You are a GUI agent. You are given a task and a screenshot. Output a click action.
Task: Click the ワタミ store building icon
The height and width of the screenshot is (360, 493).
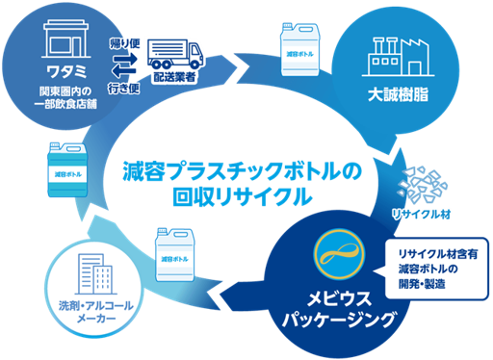pos(65,39)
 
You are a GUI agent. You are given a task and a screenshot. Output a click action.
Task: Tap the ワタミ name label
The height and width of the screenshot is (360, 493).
pos(66,71)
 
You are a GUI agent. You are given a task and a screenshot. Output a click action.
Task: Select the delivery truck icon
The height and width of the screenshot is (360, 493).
pos(175,54)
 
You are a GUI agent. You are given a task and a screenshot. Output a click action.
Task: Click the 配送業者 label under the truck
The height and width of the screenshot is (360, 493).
pos(174,77)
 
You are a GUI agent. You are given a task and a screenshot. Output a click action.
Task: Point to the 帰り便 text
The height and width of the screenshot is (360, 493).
pos(124,43)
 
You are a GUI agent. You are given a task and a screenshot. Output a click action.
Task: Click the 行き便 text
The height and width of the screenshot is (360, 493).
pos(123,88)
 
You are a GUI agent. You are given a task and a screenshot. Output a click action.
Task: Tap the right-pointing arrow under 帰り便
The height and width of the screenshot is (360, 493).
pos(125,59)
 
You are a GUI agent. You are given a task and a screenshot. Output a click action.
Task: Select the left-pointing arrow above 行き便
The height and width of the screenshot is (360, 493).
pos(123,71)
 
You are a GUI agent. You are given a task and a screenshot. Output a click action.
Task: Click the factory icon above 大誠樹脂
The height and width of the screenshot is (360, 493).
pos(398,57)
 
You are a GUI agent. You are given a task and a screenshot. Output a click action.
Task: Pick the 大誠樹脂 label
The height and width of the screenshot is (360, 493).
pos(398,94)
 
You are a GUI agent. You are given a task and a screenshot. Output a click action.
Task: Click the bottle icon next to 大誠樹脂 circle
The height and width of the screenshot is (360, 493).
pos(299,49)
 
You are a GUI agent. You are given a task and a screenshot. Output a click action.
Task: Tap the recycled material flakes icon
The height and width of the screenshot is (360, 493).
pos(422,185)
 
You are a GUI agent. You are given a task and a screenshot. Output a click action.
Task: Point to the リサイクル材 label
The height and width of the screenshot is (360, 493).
pos(421,215)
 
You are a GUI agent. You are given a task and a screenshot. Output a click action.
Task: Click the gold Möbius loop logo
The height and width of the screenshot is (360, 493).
pos(340,253)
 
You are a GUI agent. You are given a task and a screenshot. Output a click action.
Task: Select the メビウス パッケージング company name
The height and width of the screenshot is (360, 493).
pos(339,309)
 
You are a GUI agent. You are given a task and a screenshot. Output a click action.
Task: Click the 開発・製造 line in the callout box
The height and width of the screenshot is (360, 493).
pos(422,284)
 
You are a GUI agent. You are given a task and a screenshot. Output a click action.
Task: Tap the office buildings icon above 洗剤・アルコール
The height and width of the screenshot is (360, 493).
pos(95,274)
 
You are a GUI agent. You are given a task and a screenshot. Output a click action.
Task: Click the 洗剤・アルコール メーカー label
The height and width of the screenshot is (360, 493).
pos(96,311)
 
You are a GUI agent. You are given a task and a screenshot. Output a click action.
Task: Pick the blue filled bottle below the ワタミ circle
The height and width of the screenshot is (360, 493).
pos(67,169)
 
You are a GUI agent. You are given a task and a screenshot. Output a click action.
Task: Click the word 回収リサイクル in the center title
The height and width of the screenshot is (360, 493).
pos(243,196)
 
